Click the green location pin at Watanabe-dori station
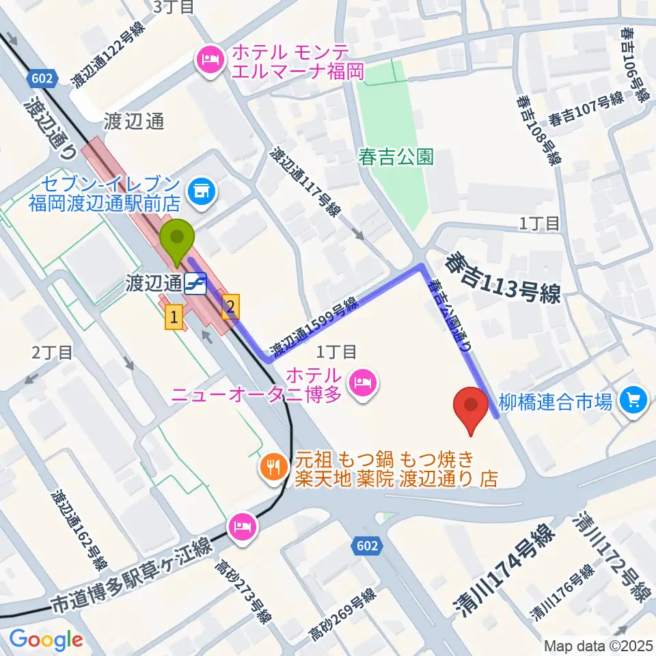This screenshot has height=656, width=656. (177, 239)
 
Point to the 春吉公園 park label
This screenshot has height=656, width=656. (396, 157)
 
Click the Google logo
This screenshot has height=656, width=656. (46, 640)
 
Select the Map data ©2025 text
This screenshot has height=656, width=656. (598, 645)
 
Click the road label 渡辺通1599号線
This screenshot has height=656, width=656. (315, 327)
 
